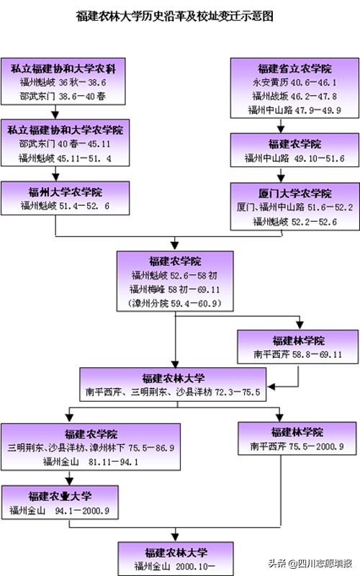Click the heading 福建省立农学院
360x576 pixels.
(294, 69)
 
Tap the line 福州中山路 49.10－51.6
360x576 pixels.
(294, 158)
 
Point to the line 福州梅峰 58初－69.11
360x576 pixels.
(175, 289)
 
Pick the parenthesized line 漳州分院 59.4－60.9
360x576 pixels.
(175, 303)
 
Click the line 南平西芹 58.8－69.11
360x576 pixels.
(297, 354)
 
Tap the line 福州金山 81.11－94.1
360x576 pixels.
(76, 462)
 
